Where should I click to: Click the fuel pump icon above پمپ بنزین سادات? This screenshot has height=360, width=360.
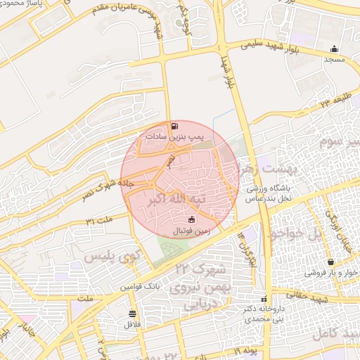pos(174,127)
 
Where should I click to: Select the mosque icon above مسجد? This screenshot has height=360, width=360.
pos(334,49)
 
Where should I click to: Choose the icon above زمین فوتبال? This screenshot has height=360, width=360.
pos(191,220)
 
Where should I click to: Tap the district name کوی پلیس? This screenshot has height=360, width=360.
pos(110,257)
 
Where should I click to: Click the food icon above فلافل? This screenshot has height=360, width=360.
pos(132,314)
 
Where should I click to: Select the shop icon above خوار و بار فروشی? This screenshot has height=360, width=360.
pos(330,262)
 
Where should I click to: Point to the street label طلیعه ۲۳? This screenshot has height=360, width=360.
pos(334,103)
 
